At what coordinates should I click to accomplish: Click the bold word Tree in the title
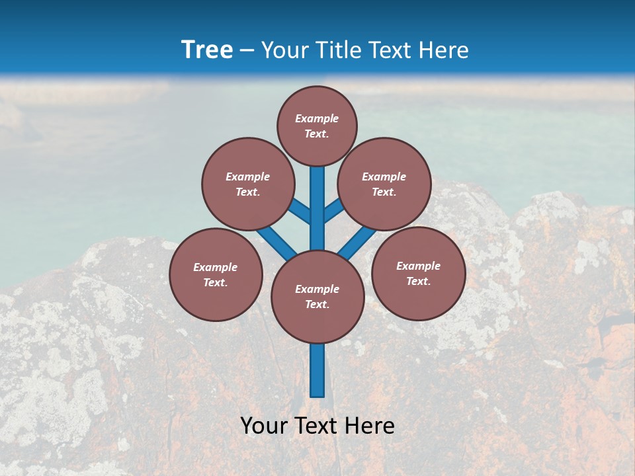(x=207, y=50)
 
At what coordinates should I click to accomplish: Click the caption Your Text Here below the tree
(x=317, y=426)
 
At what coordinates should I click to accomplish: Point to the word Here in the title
(x=444, y=50)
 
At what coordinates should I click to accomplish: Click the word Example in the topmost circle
(x=317, y=118)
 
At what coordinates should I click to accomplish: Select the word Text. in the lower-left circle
(x=216, y=282)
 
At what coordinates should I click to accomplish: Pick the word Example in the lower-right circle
(x=418, y=266)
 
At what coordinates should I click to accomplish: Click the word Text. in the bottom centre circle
(x=317, y=304)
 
